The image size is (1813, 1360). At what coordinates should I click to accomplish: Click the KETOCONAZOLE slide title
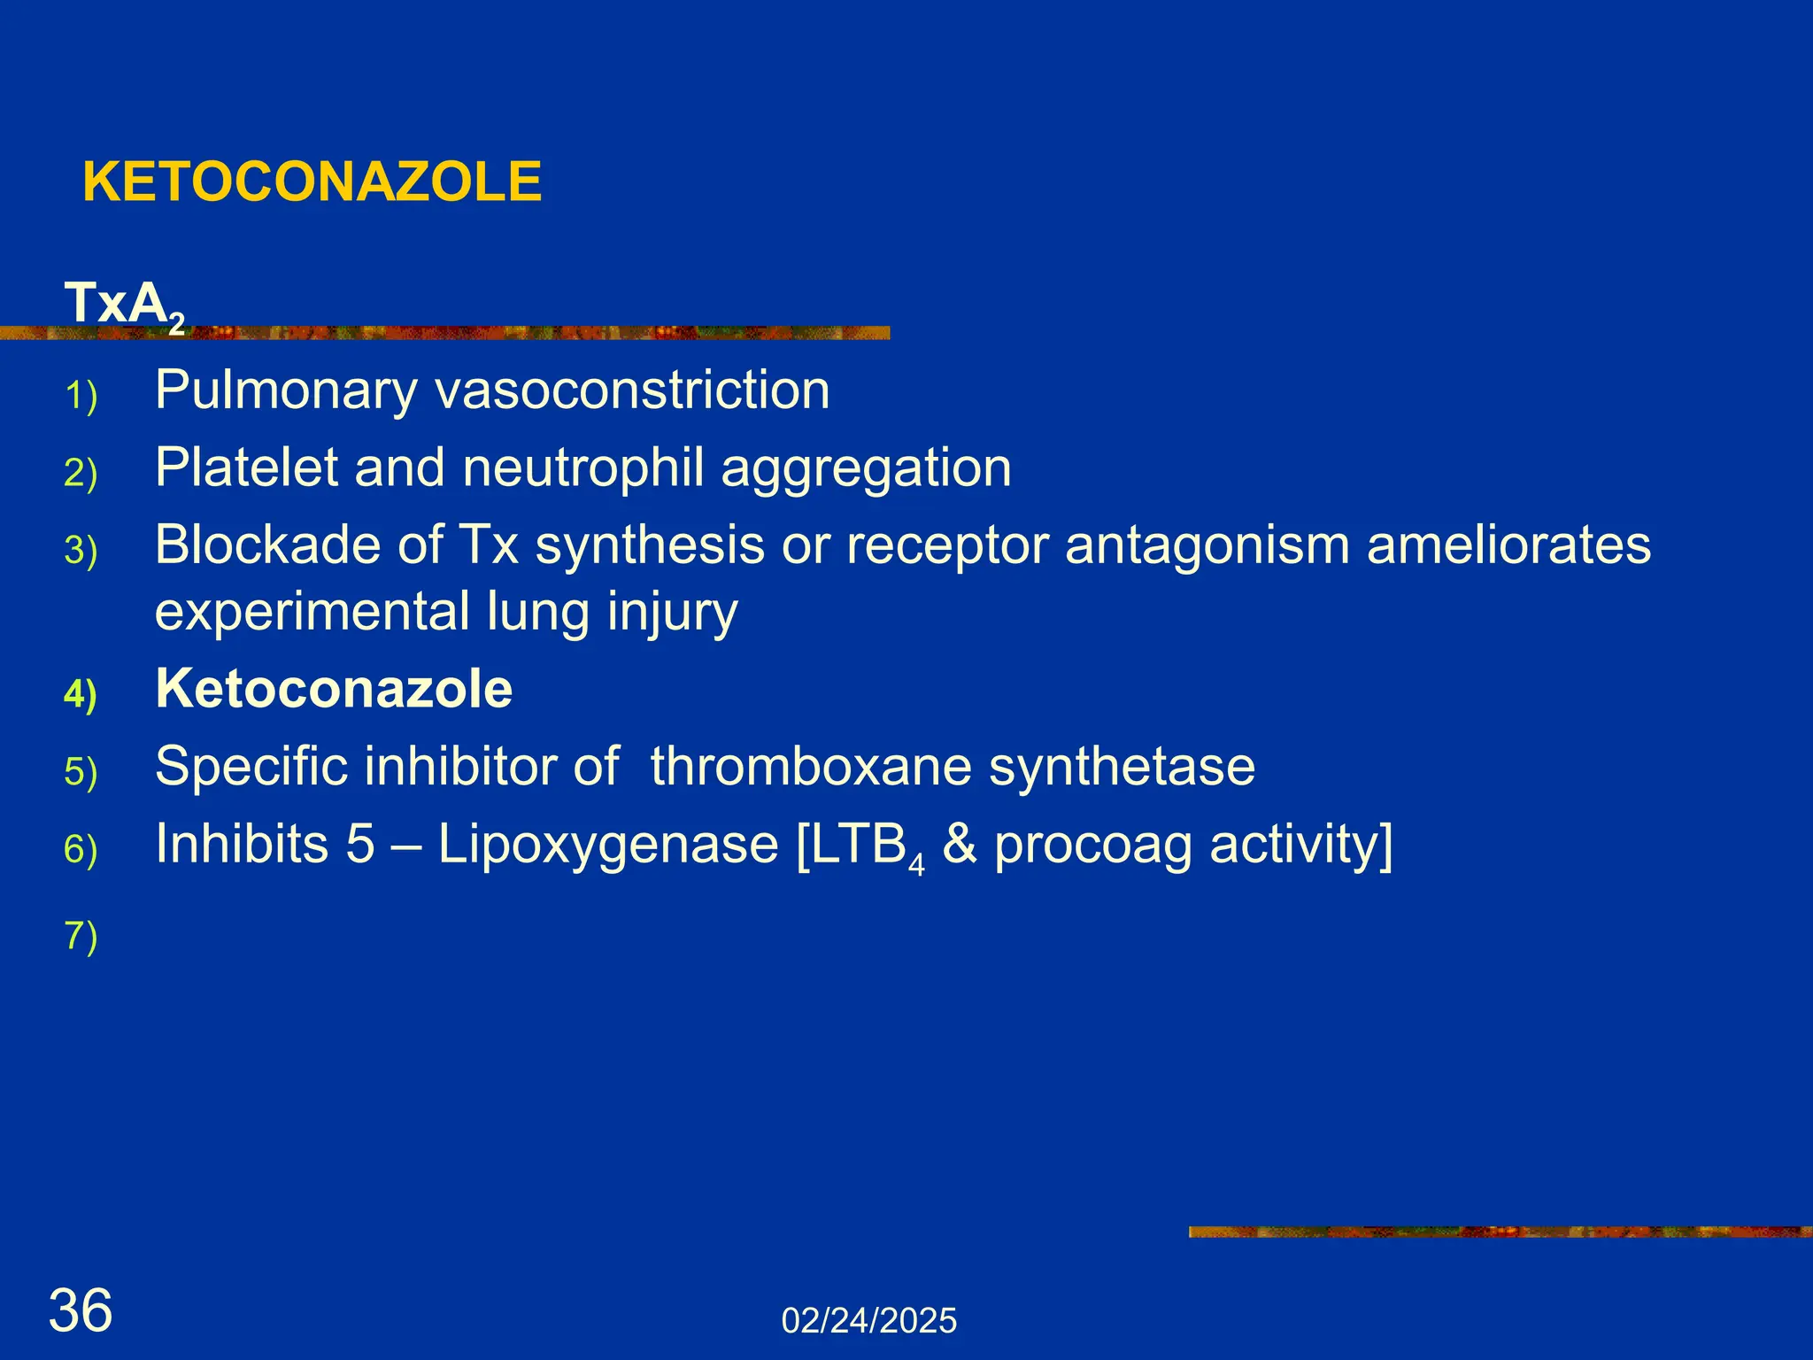312,182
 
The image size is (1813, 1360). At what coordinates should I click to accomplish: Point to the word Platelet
246,467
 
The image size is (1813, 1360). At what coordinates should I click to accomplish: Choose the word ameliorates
1508,545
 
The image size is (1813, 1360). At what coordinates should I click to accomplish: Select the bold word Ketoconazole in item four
334,689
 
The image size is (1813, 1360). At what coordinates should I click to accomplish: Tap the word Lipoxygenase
608,844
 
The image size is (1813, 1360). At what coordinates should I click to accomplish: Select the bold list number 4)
81,693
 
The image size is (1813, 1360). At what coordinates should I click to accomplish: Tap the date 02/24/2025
868,1321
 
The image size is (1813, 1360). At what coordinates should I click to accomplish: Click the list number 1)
81,396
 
